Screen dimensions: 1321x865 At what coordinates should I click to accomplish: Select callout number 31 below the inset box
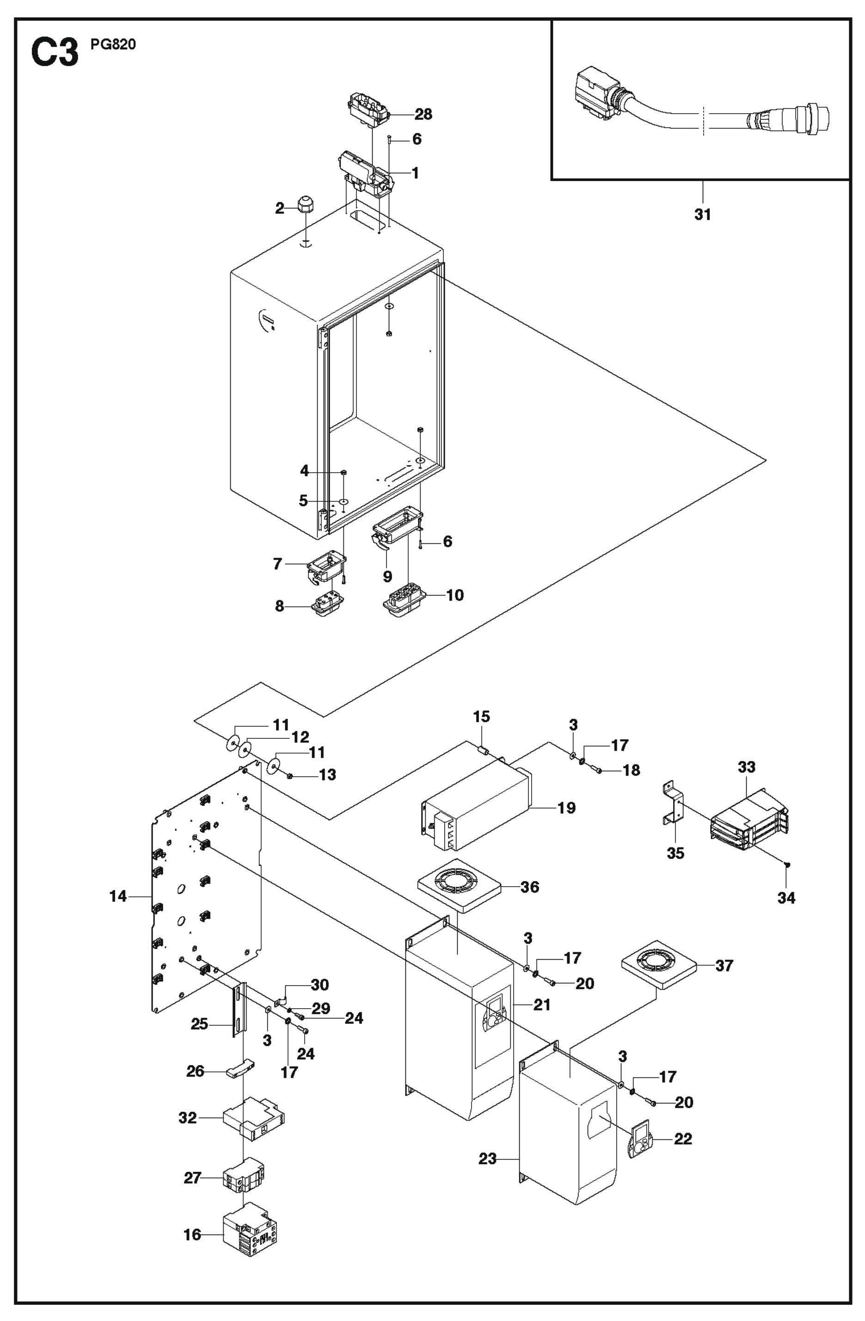(702, 214)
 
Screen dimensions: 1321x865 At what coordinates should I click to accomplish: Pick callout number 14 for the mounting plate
(118, 896)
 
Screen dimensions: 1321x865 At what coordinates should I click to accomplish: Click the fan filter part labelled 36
(458, 886)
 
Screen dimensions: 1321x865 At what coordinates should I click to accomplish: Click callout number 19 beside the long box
(566, 808)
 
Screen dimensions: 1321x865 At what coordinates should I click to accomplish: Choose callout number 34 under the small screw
(786, 897)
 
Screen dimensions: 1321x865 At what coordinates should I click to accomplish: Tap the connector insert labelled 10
(404, 601)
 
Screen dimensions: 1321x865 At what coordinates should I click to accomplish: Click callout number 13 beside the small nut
(328, 774)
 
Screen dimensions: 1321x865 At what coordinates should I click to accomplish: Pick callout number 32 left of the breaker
(188, 1117)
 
